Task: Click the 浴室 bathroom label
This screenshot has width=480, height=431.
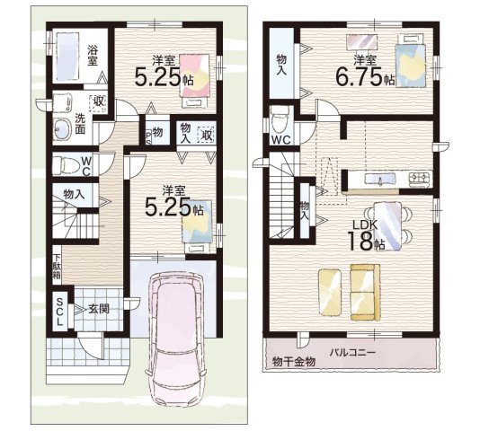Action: coord(93,55)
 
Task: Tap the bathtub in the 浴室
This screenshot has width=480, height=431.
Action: coord(67,55)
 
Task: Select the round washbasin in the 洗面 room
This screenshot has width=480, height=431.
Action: coord(62,129)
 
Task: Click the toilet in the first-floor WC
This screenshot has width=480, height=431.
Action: coord(64,165)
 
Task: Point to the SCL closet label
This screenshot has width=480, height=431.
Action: coord(59,312)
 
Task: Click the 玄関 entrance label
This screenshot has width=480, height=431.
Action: coord(99,309)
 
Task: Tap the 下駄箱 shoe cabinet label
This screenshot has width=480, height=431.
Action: coord(57,266)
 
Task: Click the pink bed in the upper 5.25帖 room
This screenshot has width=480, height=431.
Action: coord(194,80)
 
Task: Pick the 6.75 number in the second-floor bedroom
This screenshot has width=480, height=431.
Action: coord(359,76)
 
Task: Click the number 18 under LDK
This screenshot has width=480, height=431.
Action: coord(360,241)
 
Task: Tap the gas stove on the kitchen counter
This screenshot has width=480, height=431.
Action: coord(420,179)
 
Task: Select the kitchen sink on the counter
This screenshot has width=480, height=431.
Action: coord(380,179)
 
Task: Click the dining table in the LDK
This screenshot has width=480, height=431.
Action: coord(387,226)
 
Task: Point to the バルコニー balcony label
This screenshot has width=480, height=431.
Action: coord(352,352)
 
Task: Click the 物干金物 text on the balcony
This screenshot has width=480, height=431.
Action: coord(294,362)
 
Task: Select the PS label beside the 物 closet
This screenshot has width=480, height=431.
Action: coord(148,138)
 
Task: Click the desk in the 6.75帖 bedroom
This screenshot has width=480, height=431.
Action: coord(361,41)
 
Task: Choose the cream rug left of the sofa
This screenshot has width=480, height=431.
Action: coord(330,292)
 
